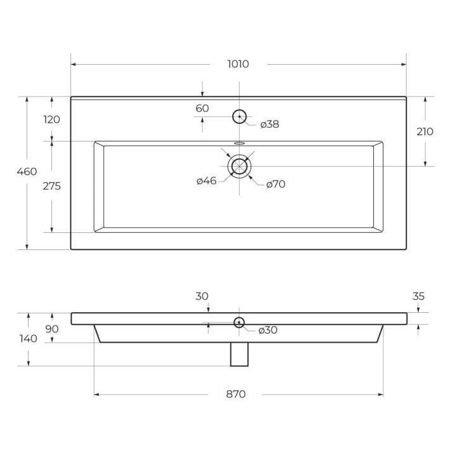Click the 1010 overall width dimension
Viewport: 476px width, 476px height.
click(238, 64)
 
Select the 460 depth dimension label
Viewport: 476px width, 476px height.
click(27, 171)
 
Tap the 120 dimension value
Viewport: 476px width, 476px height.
click(51, 119)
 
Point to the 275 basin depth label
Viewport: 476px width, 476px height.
click(51, 186)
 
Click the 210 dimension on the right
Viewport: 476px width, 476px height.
click(425, 132)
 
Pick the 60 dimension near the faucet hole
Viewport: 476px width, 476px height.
click(202, 109)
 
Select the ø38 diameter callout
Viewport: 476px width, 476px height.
click(270, 124)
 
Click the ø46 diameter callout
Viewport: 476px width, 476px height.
click(206, 181)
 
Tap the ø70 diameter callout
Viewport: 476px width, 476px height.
click(275, 184)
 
